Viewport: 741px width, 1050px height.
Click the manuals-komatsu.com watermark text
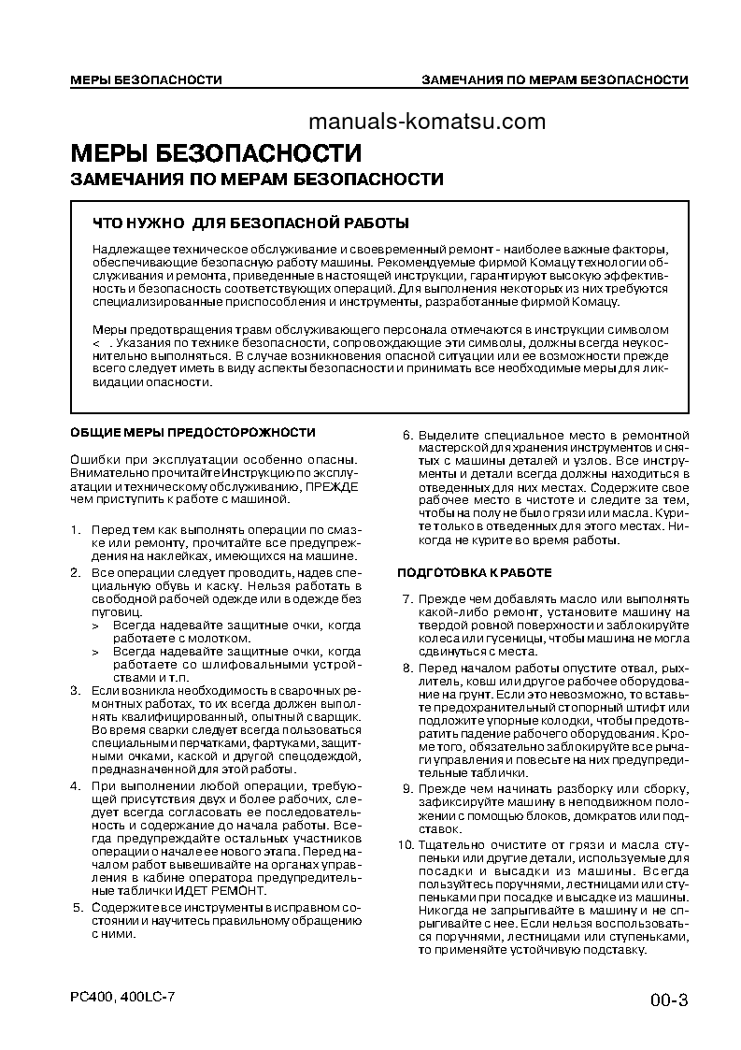tap(425, 122)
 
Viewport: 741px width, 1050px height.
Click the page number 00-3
tap(669, 1000)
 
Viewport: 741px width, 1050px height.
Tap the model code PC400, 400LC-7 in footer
tap(122, 997)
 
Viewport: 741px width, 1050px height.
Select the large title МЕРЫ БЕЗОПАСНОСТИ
tap(216, 152)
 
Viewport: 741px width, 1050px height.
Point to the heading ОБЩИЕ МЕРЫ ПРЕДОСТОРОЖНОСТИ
tap(193, 432)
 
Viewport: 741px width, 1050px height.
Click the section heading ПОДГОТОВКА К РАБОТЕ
tap(475, 572)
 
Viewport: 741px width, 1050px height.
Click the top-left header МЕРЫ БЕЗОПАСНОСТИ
tap(146, 79)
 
